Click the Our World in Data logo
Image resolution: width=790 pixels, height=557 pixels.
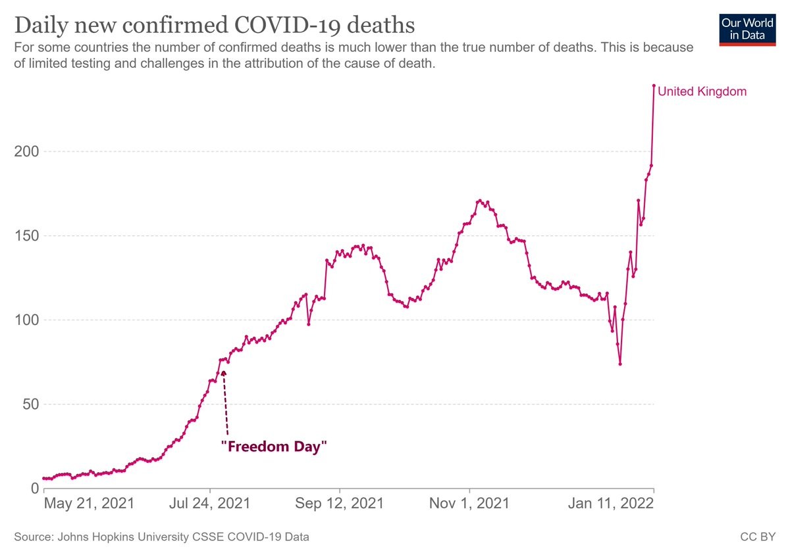[747, 29]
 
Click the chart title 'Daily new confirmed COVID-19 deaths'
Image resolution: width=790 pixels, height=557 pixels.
[214, 26]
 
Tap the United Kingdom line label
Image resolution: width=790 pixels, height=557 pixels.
[702, 91]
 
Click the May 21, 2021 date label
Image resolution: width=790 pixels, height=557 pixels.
[88, 504]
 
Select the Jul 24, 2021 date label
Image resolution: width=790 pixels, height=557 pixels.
[211, 504]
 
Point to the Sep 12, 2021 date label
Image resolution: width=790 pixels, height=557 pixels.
[340, 504]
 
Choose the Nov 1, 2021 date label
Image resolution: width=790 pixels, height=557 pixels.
[469, 504]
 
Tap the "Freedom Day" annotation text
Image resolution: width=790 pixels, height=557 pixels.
[274, 447]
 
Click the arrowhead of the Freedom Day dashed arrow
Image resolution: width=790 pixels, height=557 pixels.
[223, 374]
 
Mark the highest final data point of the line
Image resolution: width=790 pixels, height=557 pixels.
[654, 85]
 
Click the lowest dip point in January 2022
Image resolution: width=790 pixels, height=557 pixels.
[620, 364]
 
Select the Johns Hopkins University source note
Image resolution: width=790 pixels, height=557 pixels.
[161, 537]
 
